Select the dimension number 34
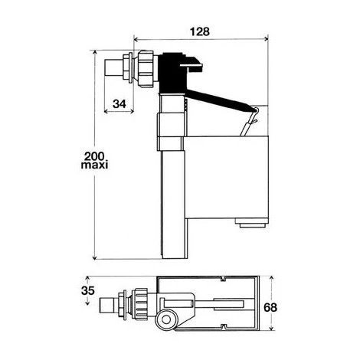[x=119, y=104]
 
